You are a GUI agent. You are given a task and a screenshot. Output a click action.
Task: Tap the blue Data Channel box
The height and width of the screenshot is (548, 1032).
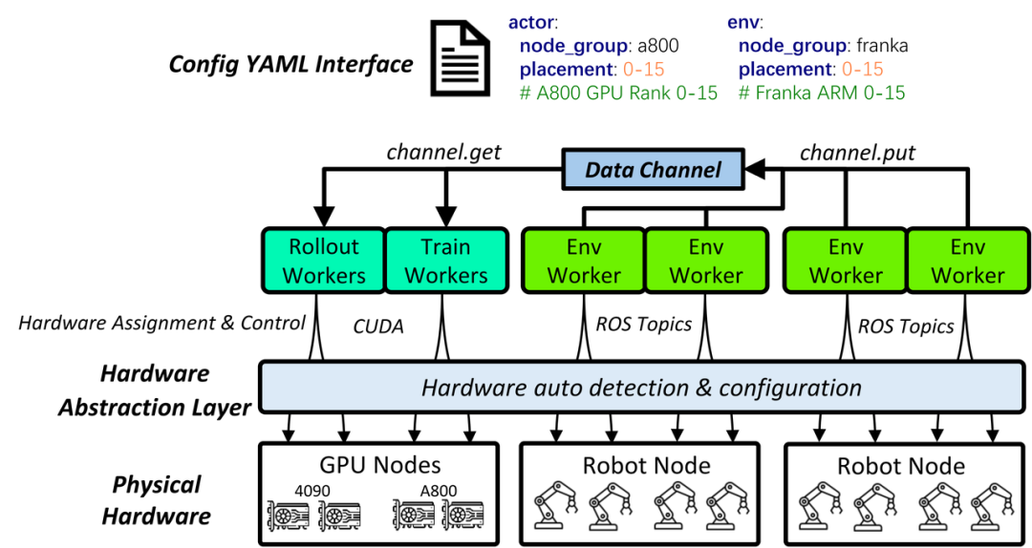tap(653, 170)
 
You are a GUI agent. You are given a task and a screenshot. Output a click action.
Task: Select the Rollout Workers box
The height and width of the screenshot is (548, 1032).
tap(324, 261)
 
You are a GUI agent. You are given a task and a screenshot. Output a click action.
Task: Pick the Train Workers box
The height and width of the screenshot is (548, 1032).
tap(445, 261)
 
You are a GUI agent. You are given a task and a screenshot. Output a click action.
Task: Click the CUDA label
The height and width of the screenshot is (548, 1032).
tap(377, 327)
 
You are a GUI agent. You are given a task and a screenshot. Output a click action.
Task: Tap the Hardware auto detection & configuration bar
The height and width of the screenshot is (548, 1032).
tap(641, 388)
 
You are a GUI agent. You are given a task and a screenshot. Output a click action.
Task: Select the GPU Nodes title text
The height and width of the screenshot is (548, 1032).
tap(380, 465)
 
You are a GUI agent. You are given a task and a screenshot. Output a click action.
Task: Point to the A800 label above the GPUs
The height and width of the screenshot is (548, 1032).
tap(439, 491)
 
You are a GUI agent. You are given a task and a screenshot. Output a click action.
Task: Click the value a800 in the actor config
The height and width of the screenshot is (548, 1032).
tap(658, 45)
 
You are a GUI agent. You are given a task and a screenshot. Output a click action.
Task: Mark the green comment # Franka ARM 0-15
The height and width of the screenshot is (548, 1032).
tap(822, 93)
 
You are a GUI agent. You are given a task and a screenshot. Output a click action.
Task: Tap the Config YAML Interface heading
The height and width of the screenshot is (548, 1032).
tap(290, 64)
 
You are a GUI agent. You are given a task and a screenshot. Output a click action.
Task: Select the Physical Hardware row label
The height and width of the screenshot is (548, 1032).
tap(157, 500)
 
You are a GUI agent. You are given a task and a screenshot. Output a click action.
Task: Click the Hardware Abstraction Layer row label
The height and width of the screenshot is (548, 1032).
tap(154, 390)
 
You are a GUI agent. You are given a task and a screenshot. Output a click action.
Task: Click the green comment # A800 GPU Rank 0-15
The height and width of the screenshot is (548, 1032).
tap(618, 93)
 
